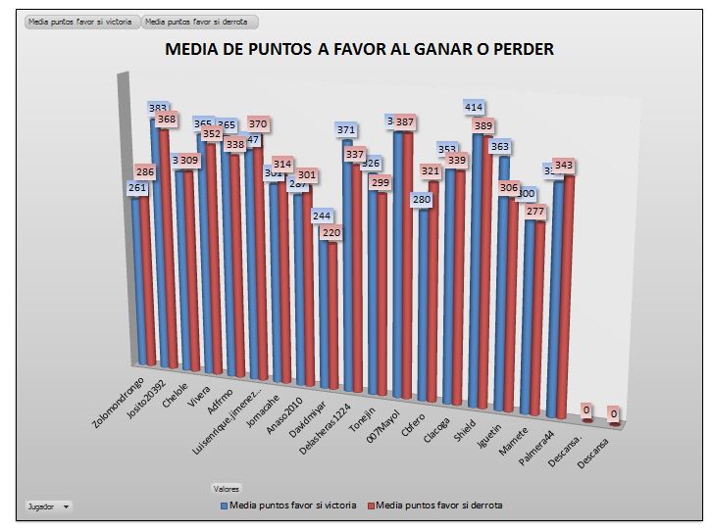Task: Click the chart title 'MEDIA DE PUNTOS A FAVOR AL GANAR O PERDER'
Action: (359, 49)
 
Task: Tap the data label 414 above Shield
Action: (475, 107)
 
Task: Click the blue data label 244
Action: (322, 216)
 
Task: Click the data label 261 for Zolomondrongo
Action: (137, 188)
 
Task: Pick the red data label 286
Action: (145, 171)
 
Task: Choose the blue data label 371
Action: (346, 129)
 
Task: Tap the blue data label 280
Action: (422, 200)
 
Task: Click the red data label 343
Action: (564, 166)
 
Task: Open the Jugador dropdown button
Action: (48, 506)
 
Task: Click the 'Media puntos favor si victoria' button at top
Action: (82, 21)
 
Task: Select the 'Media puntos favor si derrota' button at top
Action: (200, 21)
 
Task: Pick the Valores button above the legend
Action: (227, 488)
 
